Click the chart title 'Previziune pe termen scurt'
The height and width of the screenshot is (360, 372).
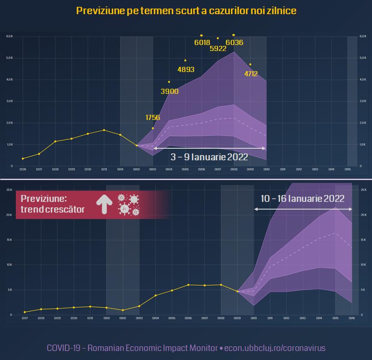pos(186,10)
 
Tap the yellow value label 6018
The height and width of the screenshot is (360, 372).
pos(202,42)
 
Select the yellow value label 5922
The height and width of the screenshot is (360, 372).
pos(218,48)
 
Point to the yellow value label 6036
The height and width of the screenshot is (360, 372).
pos(234,42)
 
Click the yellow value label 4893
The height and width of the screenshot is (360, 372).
pos(186,69)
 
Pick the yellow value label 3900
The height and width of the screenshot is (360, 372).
pos(170,91)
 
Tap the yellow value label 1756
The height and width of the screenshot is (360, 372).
pos(153,117)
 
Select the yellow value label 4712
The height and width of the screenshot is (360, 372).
pos(251,74)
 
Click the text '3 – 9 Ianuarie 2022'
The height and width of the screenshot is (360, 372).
pos(209,157)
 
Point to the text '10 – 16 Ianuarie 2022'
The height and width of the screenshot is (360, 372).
pos(303,198)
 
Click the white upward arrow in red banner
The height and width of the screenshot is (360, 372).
pos(103,204)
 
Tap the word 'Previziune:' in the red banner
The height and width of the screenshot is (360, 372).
pos(44,199)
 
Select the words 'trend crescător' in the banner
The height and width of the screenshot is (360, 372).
pos(53,210)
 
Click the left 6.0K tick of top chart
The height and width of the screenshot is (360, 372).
pos(10,36)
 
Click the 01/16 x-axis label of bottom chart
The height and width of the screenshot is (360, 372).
pos(351,318)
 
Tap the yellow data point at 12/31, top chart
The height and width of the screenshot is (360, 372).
pos(104,130)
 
